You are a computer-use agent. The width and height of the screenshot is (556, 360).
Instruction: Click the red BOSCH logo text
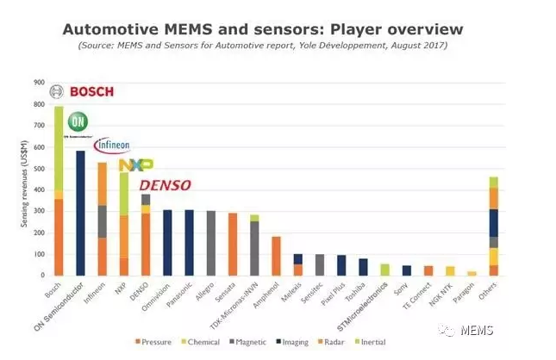click(x=91, y=90)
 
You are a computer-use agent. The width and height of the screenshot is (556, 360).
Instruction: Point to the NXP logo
click(x=135, y=164)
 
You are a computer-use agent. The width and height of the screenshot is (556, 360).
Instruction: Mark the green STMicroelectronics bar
click(x=385, y=270)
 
